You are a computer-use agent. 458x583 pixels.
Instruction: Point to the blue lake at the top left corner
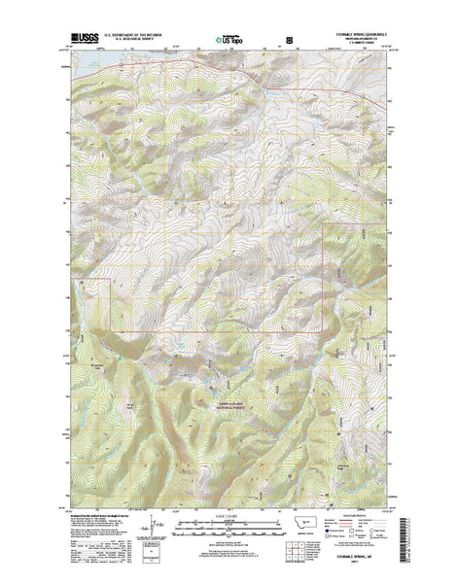(80, 69)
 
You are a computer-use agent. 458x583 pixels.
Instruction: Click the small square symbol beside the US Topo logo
(288, 40)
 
